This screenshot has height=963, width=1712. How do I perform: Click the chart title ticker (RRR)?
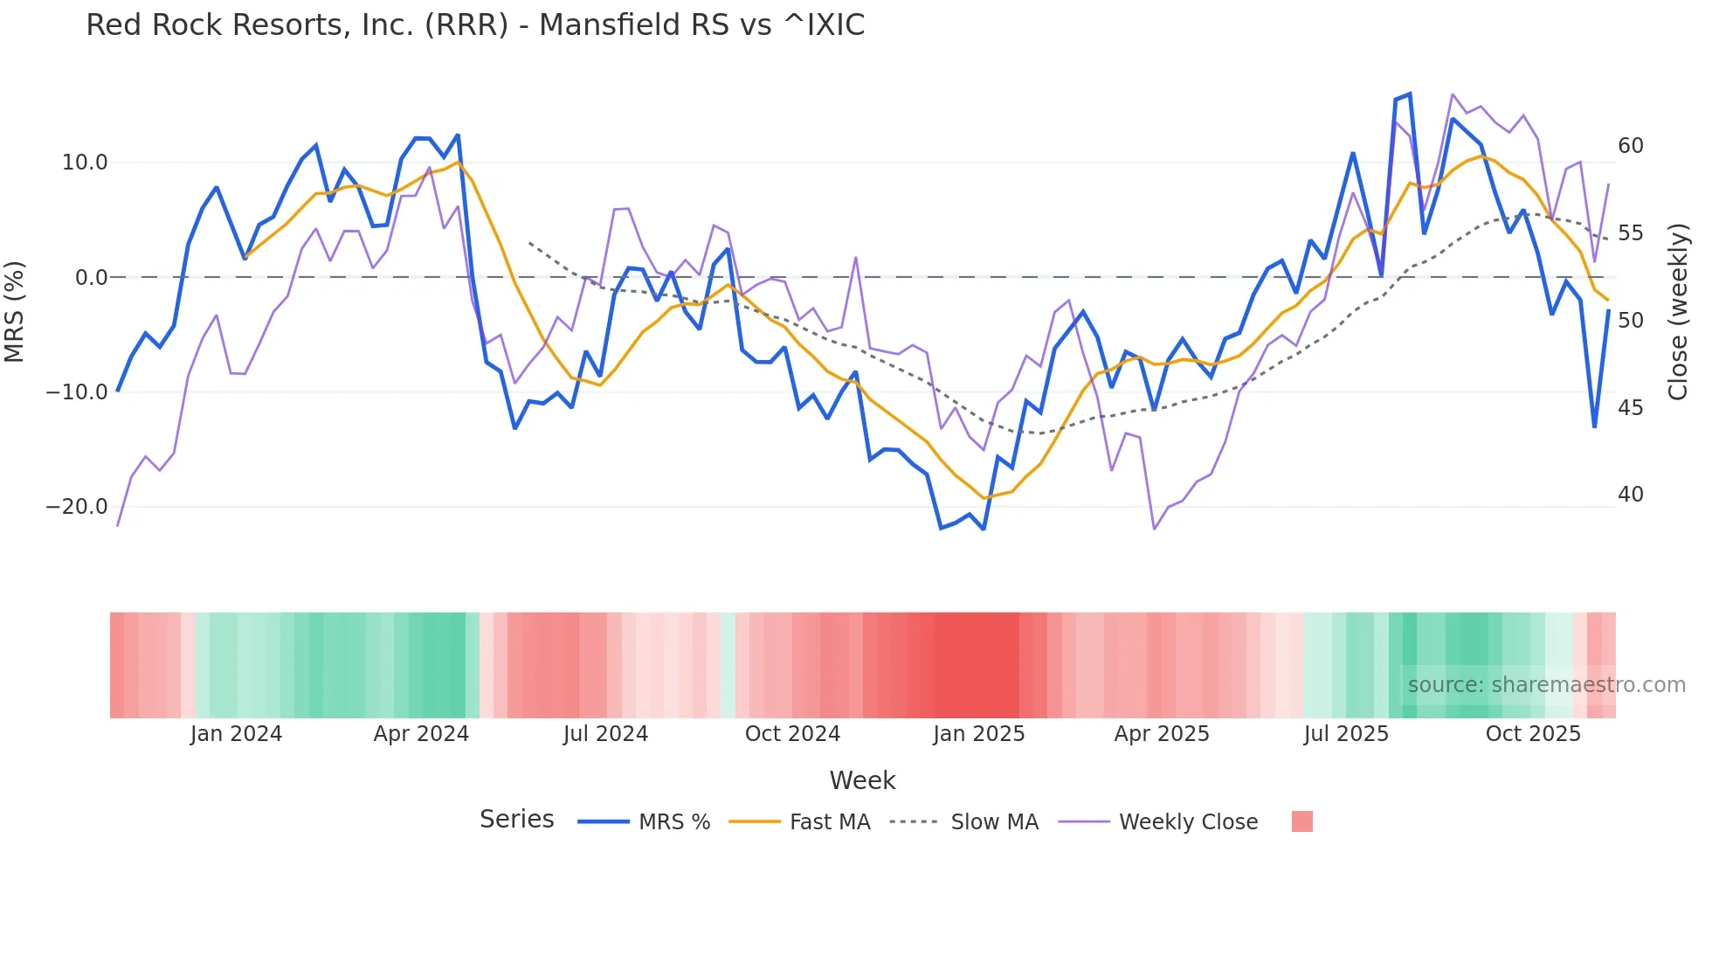[x=466, y=25]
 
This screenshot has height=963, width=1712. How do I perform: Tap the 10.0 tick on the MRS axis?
[x=85, y=163]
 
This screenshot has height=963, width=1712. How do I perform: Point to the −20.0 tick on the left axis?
[x=77, y=507]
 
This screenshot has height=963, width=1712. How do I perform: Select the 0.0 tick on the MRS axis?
[x=92, y=278]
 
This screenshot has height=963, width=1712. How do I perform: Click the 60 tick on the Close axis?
[x=1630, y=146]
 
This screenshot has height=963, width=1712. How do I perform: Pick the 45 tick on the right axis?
[x=1630, y=408]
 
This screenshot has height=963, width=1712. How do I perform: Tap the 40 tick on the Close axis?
[x=1630, y=495]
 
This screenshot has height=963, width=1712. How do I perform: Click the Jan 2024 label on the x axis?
[x=236, y=734]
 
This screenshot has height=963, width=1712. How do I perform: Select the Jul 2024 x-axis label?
[x=605, y=734]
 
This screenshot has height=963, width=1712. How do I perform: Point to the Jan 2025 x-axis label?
[x=978, y=734]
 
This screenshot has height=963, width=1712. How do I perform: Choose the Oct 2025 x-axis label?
[x=1533, y=734]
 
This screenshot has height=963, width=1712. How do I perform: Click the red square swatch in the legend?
[x=1301, y=821]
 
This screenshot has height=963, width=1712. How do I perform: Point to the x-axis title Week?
[x=862, y=780]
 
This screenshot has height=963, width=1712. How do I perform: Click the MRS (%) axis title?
[x=15, y=311]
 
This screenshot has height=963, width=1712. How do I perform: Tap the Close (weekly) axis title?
[x=1677, y=311]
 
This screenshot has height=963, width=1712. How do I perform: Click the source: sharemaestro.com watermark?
[x=1546, y=685]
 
